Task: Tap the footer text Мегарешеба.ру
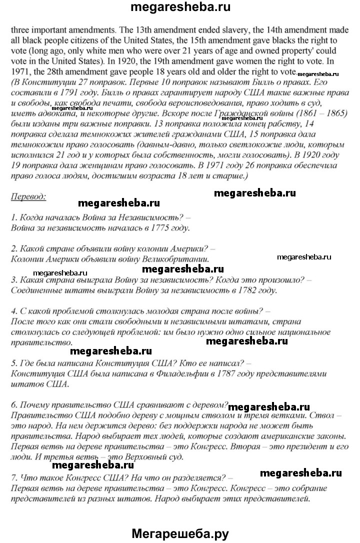click(x=180, y=533)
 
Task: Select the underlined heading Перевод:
click(x=28, y=196)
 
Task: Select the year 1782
click(x=252, y=290)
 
